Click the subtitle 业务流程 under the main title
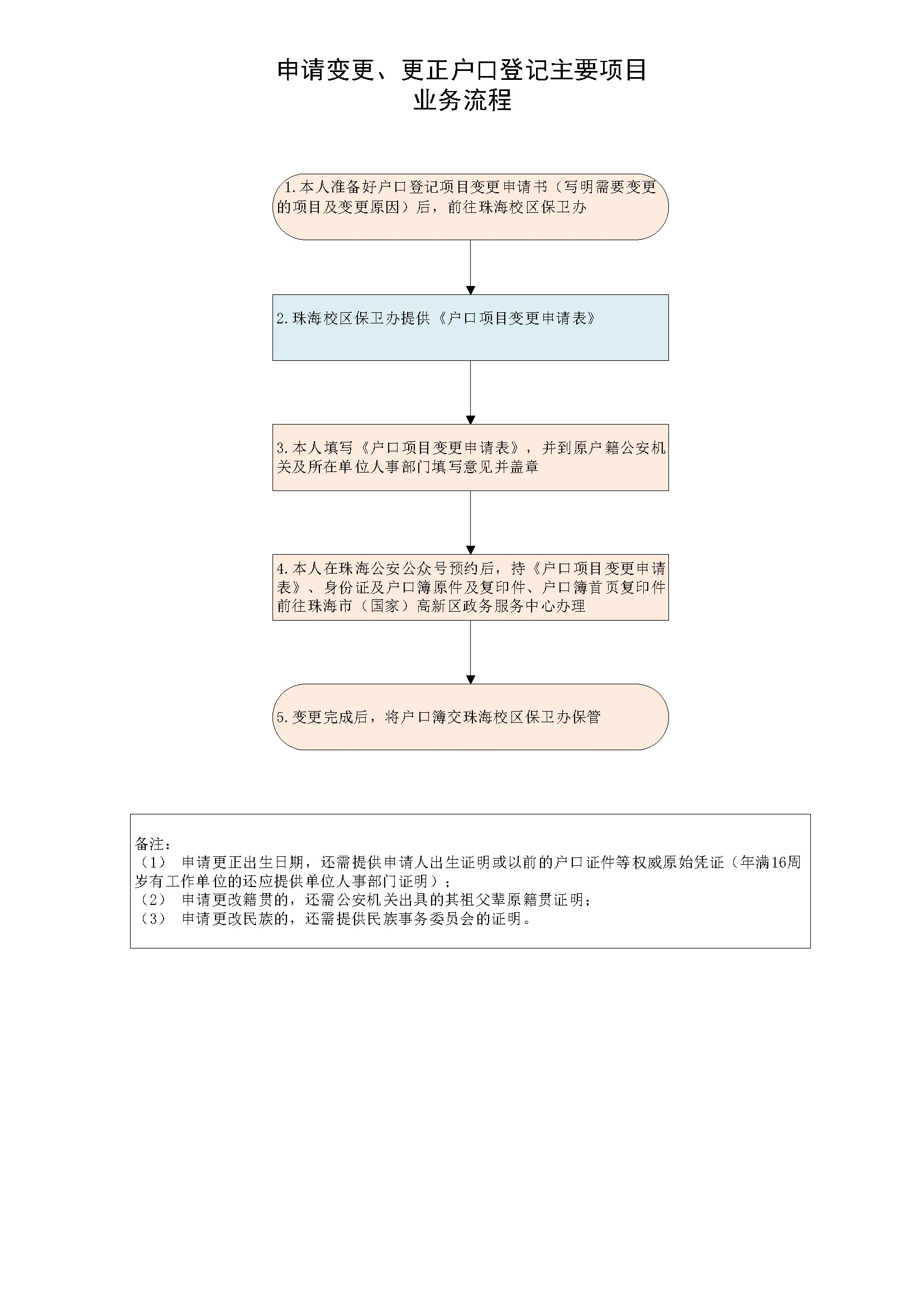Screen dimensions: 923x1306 [462, 101]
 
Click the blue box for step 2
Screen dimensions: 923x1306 [470, 327]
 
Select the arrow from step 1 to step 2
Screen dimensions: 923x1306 [470, 267]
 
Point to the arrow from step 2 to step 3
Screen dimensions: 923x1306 [470, 393]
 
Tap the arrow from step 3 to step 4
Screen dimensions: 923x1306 [470, 522]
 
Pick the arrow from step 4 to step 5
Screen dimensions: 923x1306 [470, 652]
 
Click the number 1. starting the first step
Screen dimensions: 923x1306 [290, 188]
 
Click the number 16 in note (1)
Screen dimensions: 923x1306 [778, 862]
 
